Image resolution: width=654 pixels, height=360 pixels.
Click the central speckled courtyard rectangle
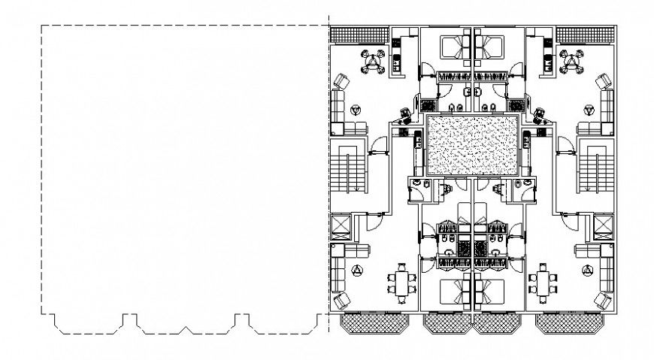(x=473, y=147)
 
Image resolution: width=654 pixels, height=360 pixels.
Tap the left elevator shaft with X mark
(x=341, y=225)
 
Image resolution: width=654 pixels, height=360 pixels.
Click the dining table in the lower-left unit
(x=401, y=283)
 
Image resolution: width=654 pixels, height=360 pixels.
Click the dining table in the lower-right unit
(x=543, y=283)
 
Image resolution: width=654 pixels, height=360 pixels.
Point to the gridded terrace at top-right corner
(x=586, y=35)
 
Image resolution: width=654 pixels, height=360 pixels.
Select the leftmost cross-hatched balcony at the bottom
(x=374, y=324)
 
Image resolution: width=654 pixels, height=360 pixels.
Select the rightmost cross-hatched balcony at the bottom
(x=570, y=324)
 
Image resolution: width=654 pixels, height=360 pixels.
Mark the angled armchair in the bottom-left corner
(x=342, y=301)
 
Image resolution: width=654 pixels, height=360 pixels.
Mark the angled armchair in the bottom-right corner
(x=604, y=301)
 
